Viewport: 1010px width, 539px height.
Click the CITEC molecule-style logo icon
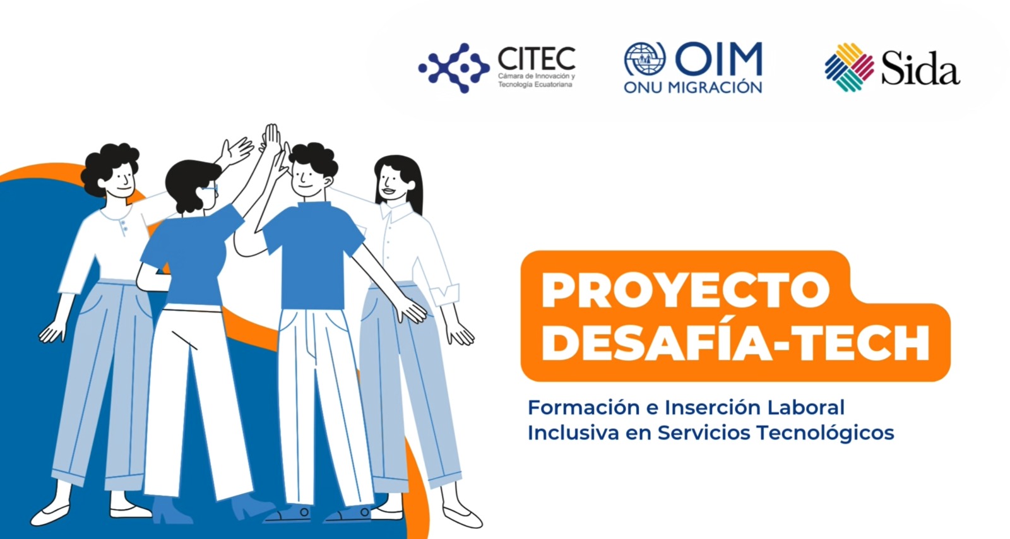(x=454, y=68)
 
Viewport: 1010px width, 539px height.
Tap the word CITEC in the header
(x=537, y=59)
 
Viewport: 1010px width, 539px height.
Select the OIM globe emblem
(x=645, y=59)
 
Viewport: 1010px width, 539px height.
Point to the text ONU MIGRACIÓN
(x=693, y=87)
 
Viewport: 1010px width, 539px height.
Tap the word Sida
(x=920, y=68)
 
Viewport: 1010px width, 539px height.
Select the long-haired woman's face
(x=391, y=182)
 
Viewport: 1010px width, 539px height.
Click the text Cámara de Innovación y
(x=537, y=76)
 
